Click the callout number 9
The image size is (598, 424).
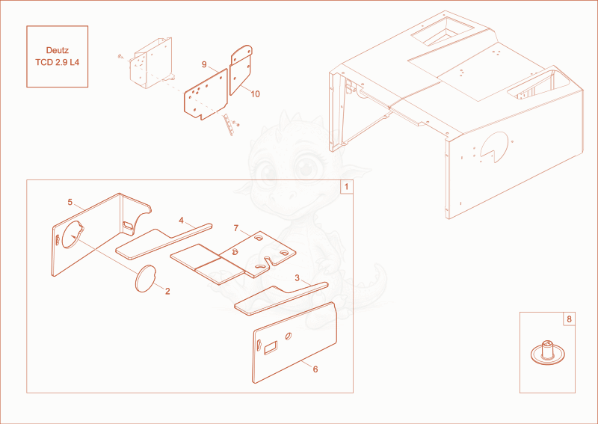(x=204, y=64)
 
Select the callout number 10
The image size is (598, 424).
(x=255, y=94)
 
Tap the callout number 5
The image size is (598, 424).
(x=70, y=202)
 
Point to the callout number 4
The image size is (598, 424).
(x=181, y=220)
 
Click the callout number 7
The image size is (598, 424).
(x=236, y=228)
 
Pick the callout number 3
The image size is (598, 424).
(x=297, y=278)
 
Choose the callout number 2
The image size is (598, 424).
(x=167, y=291)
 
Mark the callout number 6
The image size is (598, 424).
(x=315, y=369)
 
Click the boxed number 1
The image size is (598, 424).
(x=346, y=187)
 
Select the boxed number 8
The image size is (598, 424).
(x=569, y=319)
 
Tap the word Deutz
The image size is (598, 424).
(x=58, y=50)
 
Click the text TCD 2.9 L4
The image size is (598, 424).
(x=58, y=62)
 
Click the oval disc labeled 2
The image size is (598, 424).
(x=145, y=279)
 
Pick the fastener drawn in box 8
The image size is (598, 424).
(x=547, y=352)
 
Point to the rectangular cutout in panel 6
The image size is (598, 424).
(x=271, y=348)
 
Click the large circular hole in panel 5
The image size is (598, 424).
(x=73, y=235)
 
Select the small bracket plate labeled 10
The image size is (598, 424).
(x=241, y=70)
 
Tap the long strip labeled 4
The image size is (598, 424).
(x=163, y=242)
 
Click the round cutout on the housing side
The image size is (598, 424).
(x=494, y=147)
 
